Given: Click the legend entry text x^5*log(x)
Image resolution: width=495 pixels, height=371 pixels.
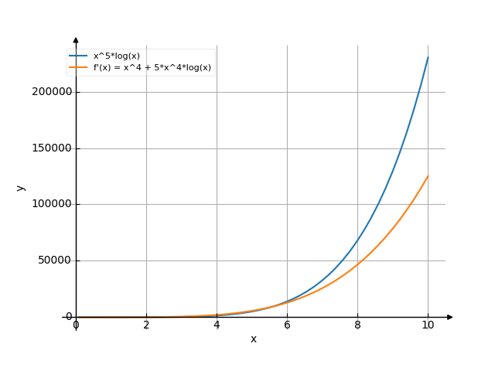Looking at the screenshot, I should (116, 56).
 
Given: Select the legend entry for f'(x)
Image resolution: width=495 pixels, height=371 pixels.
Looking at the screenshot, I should (152, 67).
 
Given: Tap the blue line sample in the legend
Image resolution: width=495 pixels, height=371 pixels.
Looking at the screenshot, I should (78, 56).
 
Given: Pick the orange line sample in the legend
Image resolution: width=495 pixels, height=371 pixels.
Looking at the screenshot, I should (78, 67).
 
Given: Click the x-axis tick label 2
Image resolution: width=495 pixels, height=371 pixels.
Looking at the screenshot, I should (146, 325).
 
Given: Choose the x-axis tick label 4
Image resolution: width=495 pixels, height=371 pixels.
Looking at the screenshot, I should (217, 325).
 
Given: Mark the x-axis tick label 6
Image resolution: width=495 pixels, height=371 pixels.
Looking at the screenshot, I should (287, 325).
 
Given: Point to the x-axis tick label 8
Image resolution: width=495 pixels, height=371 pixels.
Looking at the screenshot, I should (357, 325).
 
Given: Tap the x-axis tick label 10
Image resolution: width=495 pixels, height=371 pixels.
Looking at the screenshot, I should (428, 325).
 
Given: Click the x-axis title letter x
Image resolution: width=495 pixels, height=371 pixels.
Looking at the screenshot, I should (253, 339).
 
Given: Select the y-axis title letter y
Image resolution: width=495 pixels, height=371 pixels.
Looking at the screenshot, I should (21, 187).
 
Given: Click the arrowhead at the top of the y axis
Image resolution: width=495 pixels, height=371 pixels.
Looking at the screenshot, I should (76, 39).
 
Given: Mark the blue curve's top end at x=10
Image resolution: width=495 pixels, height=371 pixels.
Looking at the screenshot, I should (428, 57).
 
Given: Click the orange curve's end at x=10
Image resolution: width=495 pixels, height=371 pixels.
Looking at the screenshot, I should (428, 176).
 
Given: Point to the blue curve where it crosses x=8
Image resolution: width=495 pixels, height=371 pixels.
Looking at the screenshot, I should (357, 240).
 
